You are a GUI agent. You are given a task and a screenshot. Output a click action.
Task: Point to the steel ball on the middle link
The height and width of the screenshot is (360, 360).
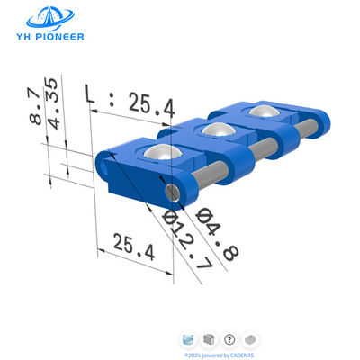click(x=214, y=130)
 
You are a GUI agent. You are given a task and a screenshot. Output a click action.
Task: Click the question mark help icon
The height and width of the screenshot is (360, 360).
click(x=229, y=339)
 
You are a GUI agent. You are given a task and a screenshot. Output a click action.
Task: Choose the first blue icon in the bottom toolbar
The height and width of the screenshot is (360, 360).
click(x=188, y=339)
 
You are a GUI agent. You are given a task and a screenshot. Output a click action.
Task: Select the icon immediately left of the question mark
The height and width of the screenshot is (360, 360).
click(x=209, y=339)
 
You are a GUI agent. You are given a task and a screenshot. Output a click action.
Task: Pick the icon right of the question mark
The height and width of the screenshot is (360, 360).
click(x=250, y=339)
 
